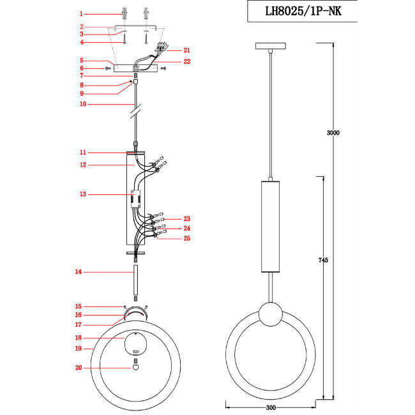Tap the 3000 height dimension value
click(332, 133)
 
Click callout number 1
click(82, 13)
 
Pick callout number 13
click(82, 194)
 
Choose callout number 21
click(186, 50)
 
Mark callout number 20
click(79, 368)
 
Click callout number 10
click(82, 104)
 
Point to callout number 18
click(79, 337)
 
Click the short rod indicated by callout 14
click(135, 283)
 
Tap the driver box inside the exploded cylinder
click(135, 198)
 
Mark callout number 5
click(82, 61)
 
